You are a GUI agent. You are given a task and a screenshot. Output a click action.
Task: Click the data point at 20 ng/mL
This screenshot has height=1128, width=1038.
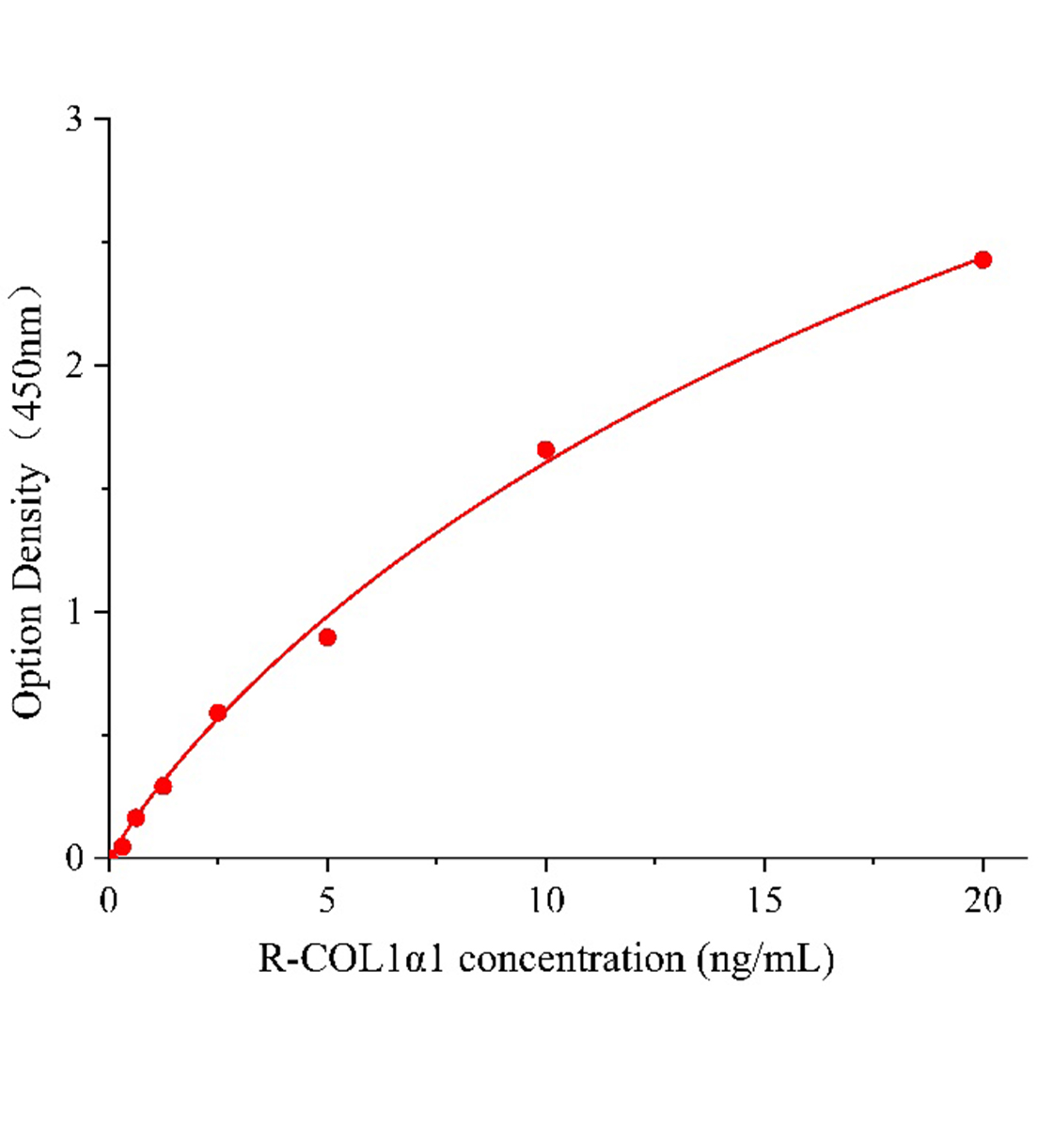tap(983, 259)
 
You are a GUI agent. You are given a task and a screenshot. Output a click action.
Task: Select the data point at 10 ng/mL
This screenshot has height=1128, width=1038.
tap(545, 449)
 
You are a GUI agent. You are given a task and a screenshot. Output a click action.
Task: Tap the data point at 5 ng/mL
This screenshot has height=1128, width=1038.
tap(327, 637)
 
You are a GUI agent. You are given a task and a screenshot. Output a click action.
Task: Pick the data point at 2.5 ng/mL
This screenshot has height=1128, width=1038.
tap(218, 713)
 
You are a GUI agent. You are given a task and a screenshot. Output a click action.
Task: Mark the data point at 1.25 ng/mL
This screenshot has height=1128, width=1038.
tap(163, 786)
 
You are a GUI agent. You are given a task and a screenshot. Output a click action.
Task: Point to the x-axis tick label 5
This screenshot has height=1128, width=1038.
tap(327, 901)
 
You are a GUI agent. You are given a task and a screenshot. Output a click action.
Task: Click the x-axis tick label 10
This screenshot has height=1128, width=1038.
tap(545, 901)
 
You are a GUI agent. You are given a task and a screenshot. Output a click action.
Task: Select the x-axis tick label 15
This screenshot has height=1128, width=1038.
tap(763, 901)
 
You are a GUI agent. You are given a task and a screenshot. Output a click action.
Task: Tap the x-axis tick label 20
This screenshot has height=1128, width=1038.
tap(983, 901)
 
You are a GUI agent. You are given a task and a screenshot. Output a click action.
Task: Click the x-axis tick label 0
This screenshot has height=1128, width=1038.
tap(109, 901)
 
